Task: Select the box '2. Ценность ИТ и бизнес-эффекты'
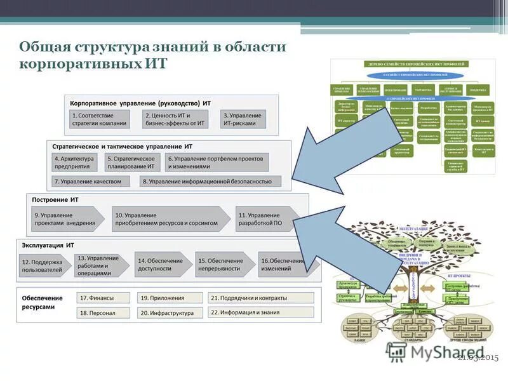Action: (x=175, y=119)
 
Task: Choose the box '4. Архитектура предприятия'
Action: (x=75, y=162)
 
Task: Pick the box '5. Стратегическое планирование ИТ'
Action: (x=131, y=162)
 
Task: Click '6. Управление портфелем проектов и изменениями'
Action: (x=217, y=162)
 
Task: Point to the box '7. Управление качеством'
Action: (x=89, y=182)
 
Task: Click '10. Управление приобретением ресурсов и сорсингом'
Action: (x=168, y=219)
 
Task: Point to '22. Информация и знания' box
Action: (x=260, y=312)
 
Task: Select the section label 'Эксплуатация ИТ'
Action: (x=48, y=245)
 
